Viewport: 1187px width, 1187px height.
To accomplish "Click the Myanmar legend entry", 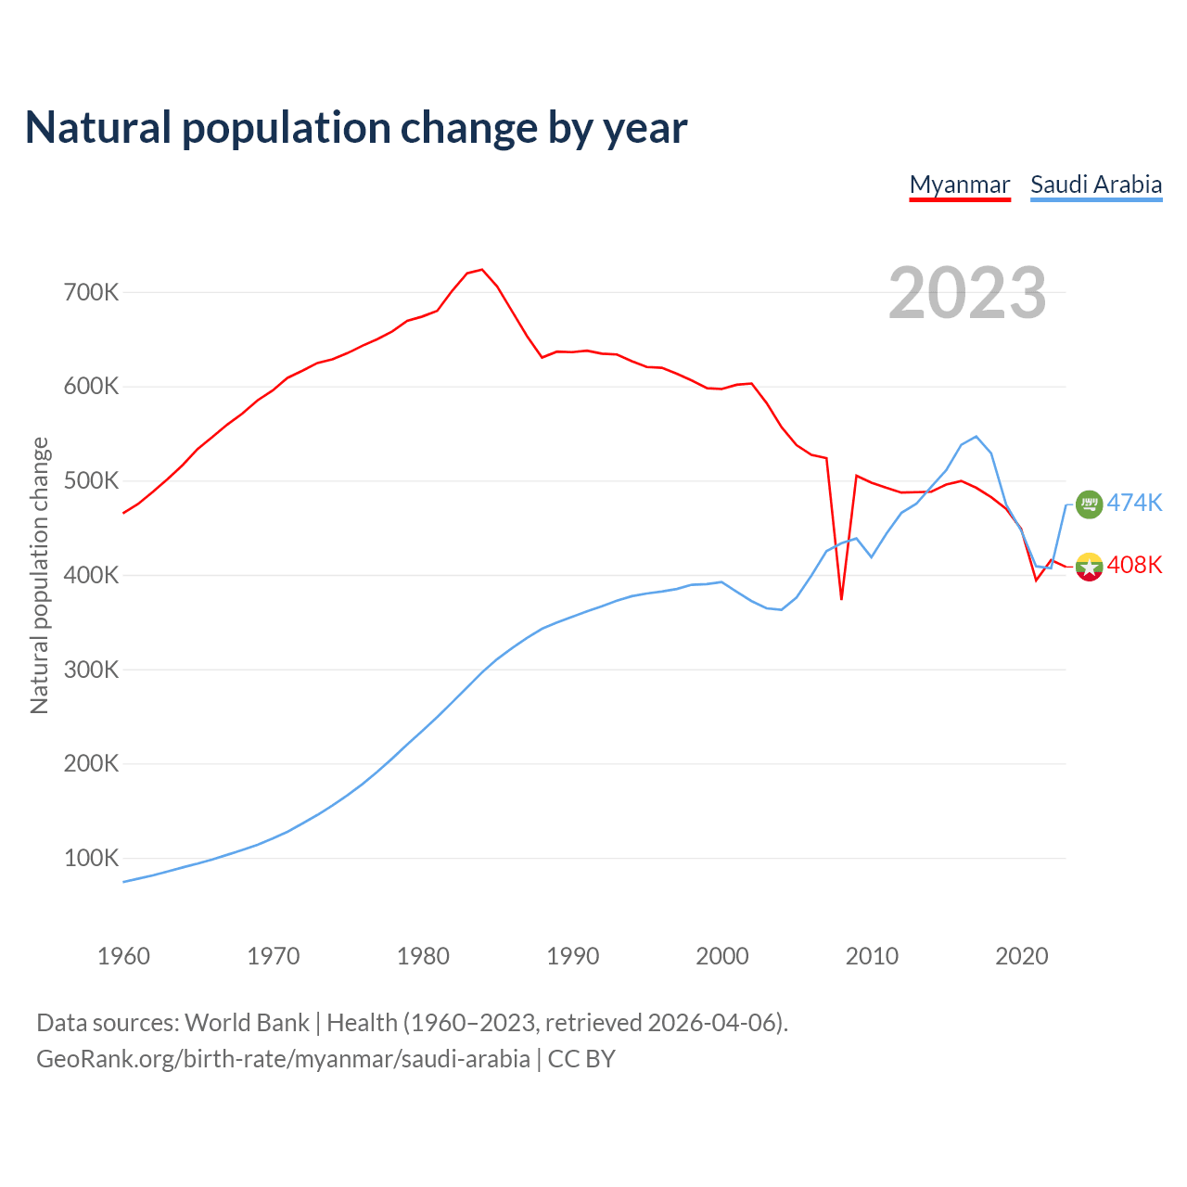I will coord(959,185).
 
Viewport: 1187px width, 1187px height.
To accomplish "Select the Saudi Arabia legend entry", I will coord(1096,185).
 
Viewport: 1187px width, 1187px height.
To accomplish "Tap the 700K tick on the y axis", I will coord(92,293).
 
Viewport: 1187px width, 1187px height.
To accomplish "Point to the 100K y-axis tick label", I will coord(92,859).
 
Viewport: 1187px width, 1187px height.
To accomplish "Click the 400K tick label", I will coord(92,576).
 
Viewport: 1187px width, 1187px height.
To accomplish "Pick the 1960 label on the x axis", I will coord(123,956).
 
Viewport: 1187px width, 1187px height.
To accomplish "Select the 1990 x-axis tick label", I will coord(572,956).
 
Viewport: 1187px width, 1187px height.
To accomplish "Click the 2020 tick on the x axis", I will coord(1021,956).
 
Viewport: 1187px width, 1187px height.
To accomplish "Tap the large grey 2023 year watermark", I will coord(967,293).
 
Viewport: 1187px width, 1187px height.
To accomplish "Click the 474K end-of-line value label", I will coord(1134,503).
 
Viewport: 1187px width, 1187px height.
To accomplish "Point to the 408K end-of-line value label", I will coord(1134,565).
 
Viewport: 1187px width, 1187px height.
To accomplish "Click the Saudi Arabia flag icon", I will coord(1089,504).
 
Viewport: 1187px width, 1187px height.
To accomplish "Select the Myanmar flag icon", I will coord(1089,567).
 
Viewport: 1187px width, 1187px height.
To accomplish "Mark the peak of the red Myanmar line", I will coord(481,270).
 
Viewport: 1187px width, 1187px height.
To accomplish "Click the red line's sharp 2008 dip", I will coord(841,598).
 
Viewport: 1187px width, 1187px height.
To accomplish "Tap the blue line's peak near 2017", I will coord(976,436).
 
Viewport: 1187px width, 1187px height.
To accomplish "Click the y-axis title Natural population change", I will coord(39,576).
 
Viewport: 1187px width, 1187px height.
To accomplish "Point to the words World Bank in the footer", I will coord(247,1023).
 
